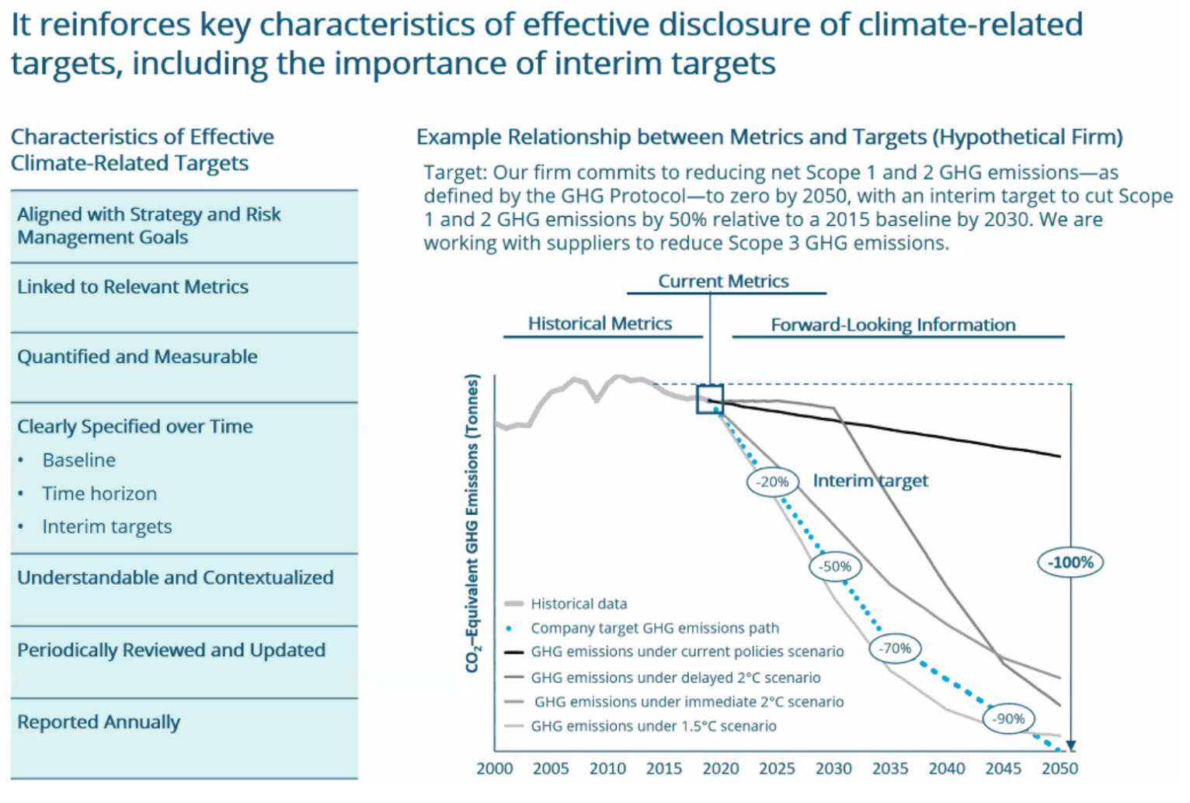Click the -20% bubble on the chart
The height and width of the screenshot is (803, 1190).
pyautogui.click(x=773, y=481)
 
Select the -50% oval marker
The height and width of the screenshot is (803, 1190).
pyautogui.click(x=836, y=566)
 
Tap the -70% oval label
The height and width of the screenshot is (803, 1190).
pyautogui.click(x=895, y=648)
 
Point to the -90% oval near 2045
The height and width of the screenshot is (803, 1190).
pyautogui.click(x=1008, y=718)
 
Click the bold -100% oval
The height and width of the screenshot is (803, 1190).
pyautogui.click(x=1070, y=562)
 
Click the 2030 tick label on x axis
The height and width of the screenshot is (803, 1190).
pyautogui.click(x=833, y=769)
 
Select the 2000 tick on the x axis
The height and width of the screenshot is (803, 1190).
pyautogui.click(x=495, y=769)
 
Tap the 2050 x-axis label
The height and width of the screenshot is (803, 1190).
pyautogui.click(x=1060, y=769)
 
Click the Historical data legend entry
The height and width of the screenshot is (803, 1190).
pyautogui.click(x=579, y=603)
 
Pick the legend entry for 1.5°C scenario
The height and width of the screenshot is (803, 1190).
pyautogui.click(x=653, y=726)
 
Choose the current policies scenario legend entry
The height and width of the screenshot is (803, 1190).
pyautogui.click(x=687, y=652)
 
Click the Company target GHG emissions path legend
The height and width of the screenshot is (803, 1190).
pyautogui.click(x=654, y=627)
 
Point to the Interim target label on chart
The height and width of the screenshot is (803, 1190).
pyautogui.click(x=870, y=481)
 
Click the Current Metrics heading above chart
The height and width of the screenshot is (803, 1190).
pyautogui.click(x=723, y=281)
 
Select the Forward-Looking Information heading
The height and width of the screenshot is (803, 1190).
pyautogui.click(x=893, y=325)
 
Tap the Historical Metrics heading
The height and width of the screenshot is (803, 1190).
pyautogui.click(x=600, y=323)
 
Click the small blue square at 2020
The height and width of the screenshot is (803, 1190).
pyautogui.click(x=710, y=399)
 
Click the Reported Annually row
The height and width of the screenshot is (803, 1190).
pyautogui.click(x=99, y=721)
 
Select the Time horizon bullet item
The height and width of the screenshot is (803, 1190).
pyautogui.click(x=99, y=493)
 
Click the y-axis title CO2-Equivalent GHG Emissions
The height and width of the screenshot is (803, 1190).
pyautogui.click(x=471, y=523)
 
